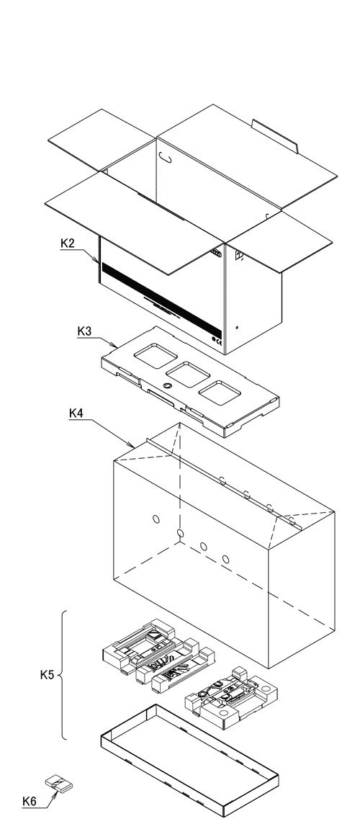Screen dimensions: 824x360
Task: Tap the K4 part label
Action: click(x=76, y=413)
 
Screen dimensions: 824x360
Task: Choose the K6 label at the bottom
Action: click(x=30, y=800)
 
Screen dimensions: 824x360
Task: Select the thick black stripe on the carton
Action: click(x=158, y=286)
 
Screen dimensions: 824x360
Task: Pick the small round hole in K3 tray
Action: click(x=167, y=387)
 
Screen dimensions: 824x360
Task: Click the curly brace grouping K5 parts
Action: click(x=63, y=676)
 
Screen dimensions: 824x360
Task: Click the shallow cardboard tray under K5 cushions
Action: click(x=189, y=756)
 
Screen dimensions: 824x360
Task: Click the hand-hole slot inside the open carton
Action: click(x=166, y=155)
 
